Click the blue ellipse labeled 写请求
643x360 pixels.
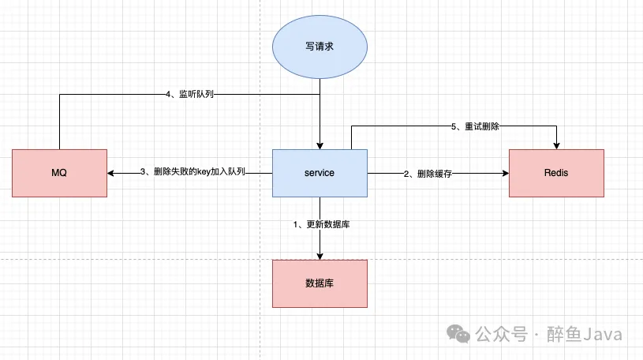[320, 47]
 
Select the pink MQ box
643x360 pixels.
[60, 173]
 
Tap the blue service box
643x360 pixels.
[320, 173]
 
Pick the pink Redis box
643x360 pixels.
[556, 173]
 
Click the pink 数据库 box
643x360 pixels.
[320, 283]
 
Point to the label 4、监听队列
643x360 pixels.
[189, 94]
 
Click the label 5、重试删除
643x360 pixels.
[476, 126]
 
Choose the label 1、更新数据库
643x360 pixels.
[321, 225]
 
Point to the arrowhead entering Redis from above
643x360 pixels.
[557, 145]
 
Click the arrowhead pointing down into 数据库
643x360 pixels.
[320, 256]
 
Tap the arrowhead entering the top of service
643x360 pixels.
[320, 145]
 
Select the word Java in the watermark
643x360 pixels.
[604, 335]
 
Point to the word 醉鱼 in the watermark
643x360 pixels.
[565, 335]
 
